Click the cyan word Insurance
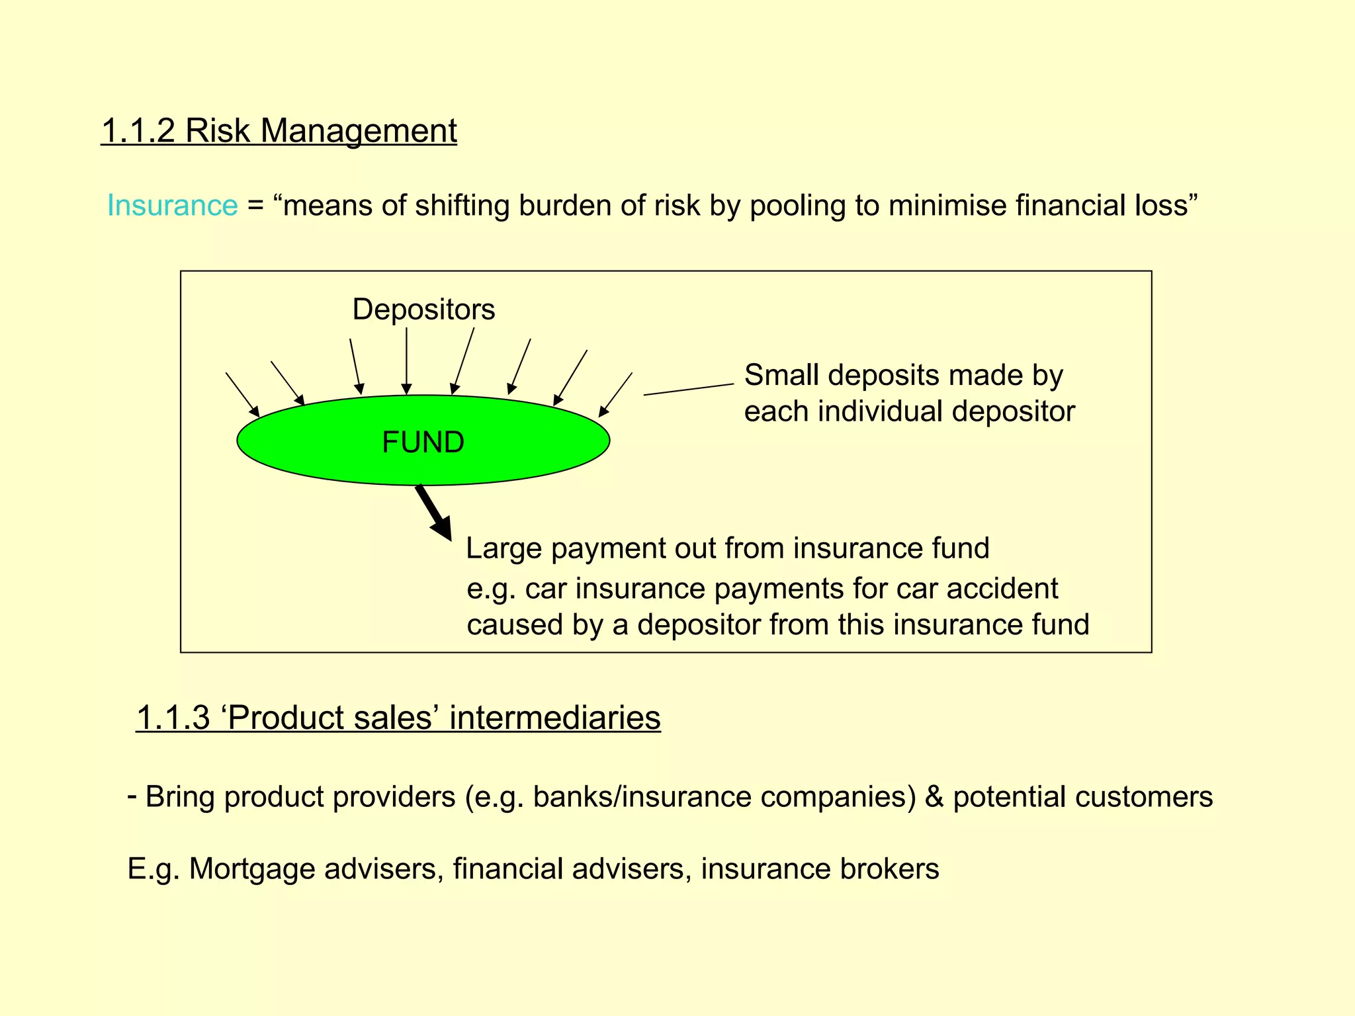tap(172, 205)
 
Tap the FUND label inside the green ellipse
tap(423, 442)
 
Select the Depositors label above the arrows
tap(423, 310)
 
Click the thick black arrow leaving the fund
tap(433, 513)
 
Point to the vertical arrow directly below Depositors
tap(406, 360)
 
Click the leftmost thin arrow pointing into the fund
tap(242, 394)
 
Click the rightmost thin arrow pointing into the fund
tap(615, 395)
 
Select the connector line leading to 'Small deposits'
tap(688, 389)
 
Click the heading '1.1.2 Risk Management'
tap(279, 130)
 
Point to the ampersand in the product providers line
tap(934, 796)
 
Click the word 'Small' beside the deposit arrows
tap(781, 375)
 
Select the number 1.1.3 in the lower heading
tap(173, 718)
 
